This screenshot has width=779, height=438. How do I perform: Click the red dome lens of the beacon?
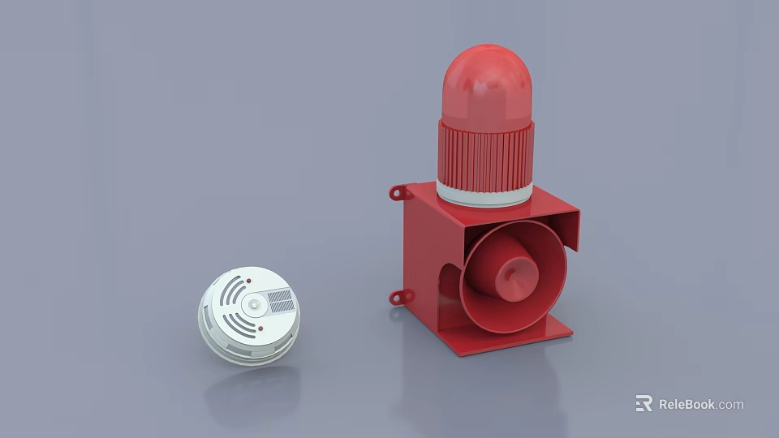tap(487, 85)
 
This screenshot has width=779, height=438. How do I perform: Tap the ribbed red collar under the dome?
tap(486, 156)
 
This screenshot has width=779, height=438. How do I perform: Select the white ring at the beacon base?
tap(484, 195)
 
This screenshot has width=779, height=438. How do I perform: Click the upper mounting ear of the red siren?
tap(398, 192)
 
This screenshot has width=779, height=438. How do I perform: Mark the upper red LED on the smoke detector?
tap(248, 281)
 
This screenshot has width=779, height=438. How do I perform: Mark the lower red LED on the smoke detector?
tap(260, 328)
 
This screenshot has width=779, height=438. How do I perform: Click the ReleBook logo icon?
tap(643, 403)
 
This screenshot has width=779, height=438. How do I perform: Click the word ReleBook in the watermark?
tap(686, 404)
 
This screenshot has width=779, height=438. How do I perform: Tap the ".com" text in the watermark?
tap(730, 404)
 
